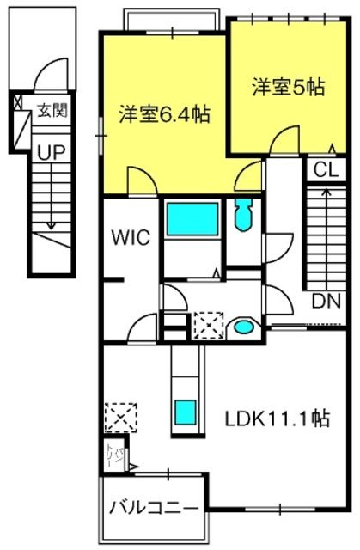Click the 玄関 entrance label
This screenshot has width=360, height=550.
click(x=52, y=111)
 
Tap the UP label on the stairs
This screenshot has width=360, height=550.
click(x=52, y=153)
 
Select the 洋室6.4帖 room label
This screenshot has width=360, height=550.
click(x=165, y=114)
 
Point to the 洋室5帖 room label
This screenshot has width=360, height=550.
click(x=288, y=87)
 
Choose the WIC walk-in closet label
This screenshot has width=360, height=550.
click(x=131, y=237)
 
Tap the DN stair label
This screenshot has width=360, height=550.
click(x=326, y=301)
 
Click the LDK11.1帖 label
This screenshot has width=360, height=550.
click(x=277, y=419)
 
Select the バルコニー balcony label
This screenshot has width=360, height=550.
click(x=153, y=508)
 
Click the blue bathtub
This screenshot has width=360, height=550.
click(x=192, y=219)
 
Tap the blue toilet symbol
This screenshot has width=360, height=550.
click(x=243, y=214)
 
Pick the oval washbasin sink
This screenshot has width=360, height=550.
click(x=244, y=327)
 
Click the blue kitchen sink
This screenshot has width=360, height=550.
click(x=186, y=412)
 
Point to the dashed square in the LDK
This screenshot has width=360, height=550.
click(x=120, y=418)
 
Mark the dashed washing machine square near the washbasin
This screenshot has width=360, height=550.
click(x=209, y=325)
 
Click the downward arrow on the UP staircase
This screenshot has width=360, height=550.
click(x=52, y=197)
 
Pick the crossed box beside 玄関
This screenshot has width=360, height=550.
click(x=17, y=101)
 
